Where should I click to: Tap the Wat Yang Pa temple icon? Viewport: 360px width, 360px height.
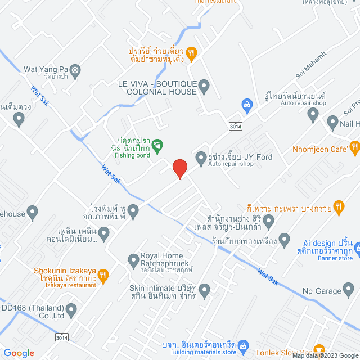(x=76, y=70)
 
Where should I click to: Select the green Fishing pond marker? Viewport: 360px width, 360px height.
(x=158, y=146)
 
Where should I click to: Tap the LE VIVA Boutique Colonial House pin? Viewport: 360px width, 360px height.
(x=204, y=87)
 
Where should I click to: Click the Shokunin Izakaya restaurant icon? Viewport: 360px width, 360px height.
(x=103, y=275)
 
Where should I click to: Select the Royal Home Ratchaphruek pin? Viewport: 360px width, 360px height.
(x=133, y=260)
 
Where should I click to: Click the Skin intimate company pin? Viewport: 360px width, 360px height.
(x=204, y=291)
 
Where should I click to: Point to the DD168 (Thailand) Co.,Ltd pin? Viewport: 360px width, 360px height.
(x=71, y=309)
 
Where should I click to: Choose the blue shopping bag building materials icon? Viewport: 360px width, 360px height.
(x=244, y=345)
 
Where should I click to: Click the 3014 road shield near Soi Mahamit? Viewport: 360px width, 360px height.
(x=235, y=127)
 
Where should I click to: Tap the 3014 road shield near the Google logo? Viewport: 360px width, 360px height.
(x=62, y=337)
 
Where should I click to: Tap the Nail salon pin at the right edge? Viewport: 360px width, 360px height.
(x=332, y=122)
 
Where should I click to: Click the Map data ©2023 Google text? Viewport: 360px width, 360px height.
(x=325, y=355)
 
